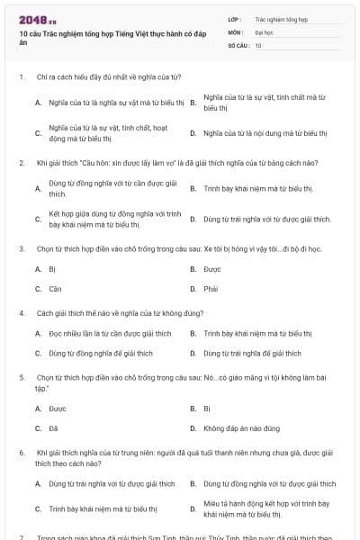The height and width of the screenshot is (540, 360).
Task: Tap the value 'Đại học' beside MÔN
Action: click(264, 31)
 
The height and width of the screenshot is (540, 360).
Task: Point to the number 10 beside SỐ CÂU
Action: click(258, 44)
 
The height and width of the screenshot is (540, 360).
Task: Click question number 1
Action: click(21, 77)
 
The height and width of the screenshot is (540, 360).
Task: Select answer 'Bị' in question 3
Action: click(52, 269)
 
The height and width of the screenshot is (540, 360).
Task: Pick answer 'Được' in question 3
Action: click(212, 269)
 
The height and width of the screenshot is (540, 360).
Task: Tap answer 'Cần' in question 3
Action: click(54, 289)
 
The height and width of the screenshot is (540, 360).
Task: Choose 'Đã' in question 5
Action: click(53, 428)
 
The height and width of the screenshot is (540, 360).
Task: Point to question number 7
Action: click(21, 536)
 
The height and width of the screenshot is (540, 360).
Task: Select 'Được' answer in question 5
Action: click(57, 409)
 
